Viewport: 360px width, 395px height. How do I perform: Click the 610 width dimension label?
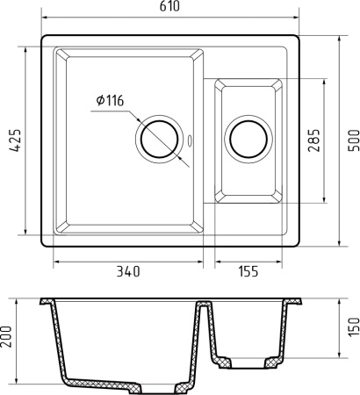click(173, 8)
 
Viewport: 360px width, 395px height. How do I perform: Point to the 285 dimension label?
click(313, 140)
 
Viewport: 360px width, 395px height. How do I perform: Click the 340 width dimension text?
click(127, 272)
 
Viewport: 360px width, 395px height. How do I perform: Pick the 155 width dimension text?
click(248, 272)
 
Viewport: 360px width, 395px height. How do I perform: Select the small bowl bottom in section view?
click(248, 360)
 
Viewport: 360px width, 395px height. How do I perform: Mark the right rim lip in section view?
click(296, 303)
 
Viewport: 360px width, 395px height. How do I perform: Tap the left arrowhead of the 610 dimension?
click(44, 19)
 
